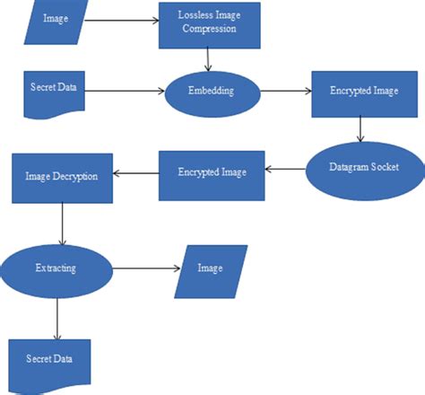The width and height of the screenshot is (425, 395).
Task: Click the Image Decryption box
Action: click(x=61, y=176)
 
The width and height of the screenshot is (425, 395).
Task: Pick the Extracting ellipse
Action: click(x=56, y=268)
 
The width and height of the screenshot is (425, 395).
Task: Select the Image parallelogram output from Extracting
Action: click(x=211, y=268)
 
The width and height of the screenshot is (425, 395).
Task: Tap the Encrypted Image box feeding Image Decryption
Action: click(x=212, y=172)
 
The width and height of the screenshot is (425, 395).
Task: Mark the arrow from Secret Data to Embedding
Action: click(x=126, y=91)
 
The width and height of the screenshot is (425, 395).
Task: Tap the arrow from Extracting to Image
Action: click(x=143, y=268)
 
